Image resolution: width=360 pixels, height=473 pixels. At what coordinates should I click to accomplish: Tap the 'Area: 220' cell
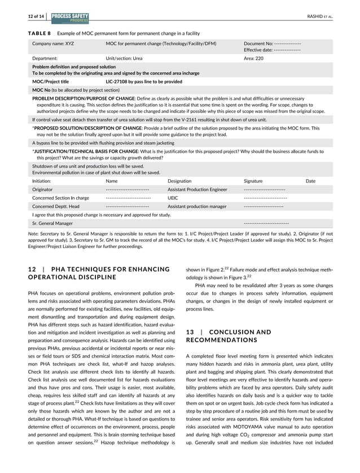[253, 58]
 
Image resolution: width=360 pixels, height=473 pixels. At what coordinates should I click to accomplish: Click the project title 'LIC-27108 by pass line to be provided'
[144, 81]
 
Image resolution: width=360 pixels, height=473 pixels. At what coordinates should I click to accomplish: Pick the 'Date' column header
[310, 181]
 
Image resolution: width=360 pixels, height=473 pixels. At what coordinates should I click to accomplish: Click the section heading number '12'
[31, 269]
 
